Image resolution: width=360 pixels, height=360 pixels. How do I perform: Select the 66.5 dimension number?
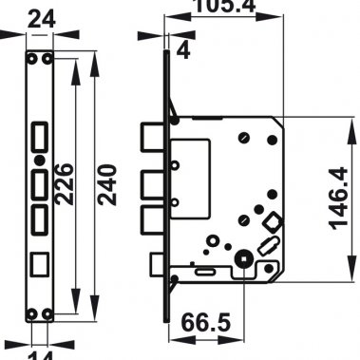point(207,324)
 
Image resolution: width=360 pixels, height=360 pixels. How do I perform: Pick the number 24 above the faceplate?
point(39,17)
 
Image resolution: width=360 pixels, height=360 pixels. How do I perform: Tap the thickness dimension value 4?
point(183,50)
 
